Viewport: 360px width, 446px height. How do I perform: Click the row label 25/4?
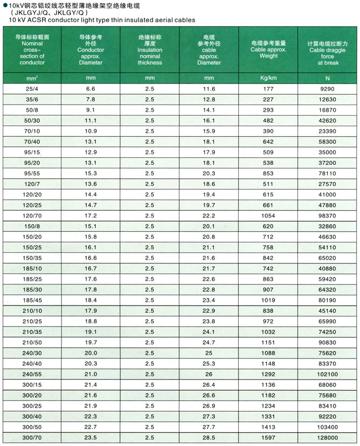32,89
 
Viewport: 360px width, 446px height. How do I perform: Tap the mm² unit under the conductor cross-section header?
32,78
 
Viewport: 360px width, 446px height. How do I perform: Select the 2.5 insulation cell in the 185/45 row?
150,300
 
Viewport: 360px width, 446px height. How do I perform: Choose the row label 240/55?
32,374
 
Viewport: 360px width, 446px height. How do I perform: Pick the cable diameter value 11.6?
209,89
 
